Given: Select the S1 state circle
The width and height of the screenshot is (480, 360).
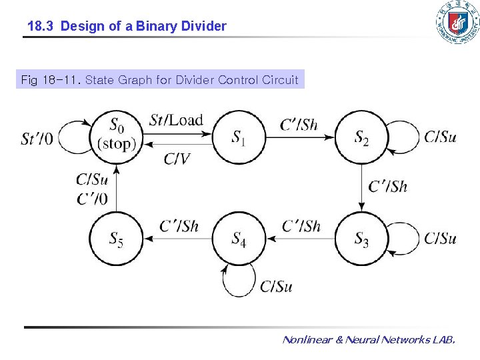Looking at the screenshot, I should [x=239, y=137].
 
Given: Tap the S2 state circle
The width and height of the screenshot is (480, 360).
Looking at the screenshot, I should [x=361, y=137].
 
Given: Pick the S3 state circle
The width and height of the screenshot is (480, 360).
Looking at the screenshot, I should [x=361, y=238].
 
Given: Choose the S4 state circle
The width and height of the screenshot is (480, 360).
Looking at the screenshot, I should [x=239, y=238].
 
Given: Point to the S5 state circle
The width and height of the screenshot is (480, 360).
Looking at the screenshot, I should [x=117, y=238].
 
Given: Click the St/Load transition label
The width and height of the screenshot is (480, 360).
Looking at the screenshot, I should [x=176, y=121].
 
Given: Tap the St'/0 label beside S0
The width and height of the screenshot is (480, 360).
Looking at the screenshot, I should [x=37, y=139].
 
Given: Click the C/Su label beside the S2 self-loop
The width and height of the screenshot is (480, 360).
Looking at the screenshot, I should [x=440, y=137].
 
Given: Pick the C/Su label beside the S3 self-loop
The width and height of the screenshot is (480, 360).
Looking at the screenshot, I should [x=440, y=238].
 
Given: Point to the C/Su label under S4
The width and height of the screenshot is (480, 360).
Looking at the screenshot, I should [x=276, y=287].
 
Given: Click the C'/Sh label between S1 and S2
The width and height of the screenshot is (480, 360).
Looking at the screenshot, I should [x=299, y=124].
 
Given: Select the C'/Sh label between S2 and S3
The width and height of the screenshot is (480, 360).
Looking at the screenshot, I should [x=388, y=187].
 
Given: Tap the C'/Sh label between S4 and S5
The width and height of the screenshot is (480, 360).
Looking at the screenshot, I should [x=179, y=226].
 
